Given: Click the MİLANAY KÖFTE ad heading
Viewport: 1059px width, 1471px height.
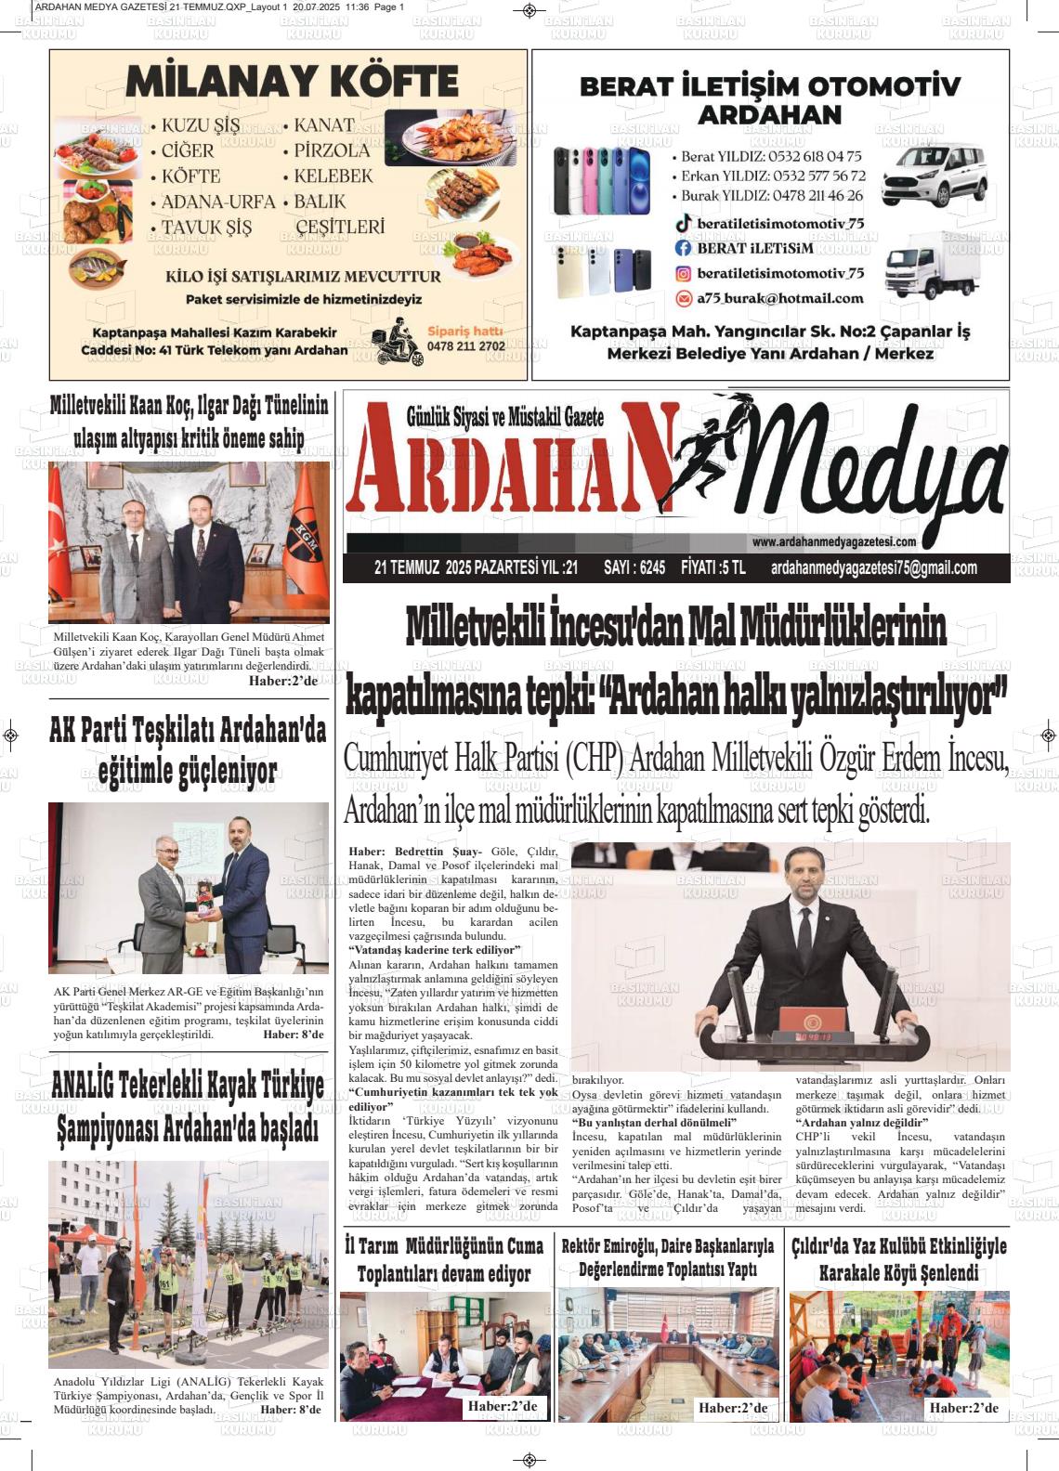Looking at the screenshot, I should point(292,82).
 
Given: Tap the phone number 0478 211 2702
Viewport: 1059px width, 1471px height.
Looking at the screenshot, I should point(466,346).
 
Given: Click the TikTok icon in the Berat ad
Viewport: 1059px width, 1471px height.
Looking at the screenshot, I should point(684,223).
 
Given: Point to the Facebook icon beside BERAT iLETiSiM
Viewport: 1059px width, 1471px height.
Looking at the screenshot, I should point(684,248).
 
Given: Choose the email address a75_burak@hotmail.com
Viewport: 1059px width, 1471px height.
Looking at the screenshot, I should point(780,298).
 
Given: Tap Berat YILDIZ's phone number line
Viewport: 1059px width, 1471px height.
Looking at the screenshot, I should point(771,156).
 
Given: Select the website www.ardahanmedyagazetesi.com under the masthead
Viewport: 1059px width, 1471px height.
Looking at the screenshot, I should point(834,542).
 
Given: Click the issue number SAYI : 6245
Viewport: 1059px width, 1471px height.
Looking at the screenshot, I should point(634,567).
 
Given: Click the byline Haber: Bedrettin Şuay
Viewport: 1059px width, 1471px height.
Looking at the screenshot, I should point(415,852).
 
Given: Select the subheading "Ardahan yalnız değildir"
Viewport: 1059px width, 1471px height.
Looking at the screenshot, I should point(862,1123).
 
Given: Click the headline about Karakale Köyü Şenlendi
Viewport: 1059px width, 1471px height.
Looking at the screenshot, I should point(898,1259).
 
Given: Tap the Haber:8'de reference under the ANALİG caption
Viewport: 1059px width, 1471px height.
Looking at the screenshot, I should point(291,1410).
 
